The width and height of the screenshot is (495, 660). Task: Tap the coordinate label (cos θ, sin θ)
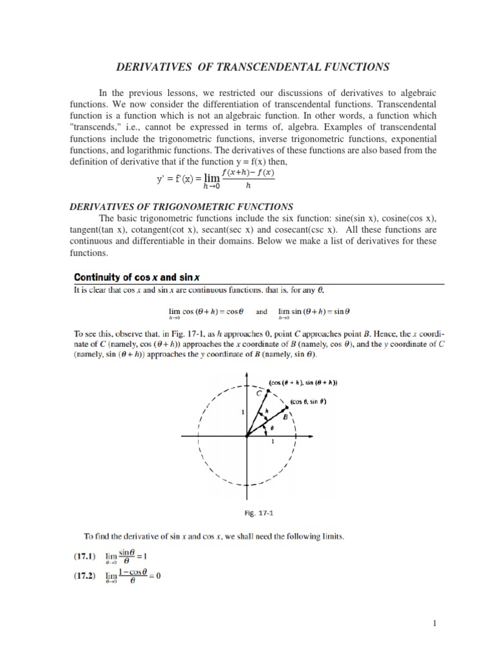(x=309, y=402)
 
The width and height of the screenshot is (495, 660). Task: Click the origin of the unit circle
(x=247, y=436)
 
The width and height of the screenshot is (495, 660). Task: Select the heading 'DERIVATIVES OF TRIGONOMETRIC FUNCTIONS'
(x=181, y=206)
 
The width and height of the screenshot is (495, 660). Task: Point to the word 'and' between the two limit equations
(x=261, y=311)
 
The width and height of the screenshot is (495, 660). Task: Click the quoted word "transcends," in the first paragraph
(x=96, y=128)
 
